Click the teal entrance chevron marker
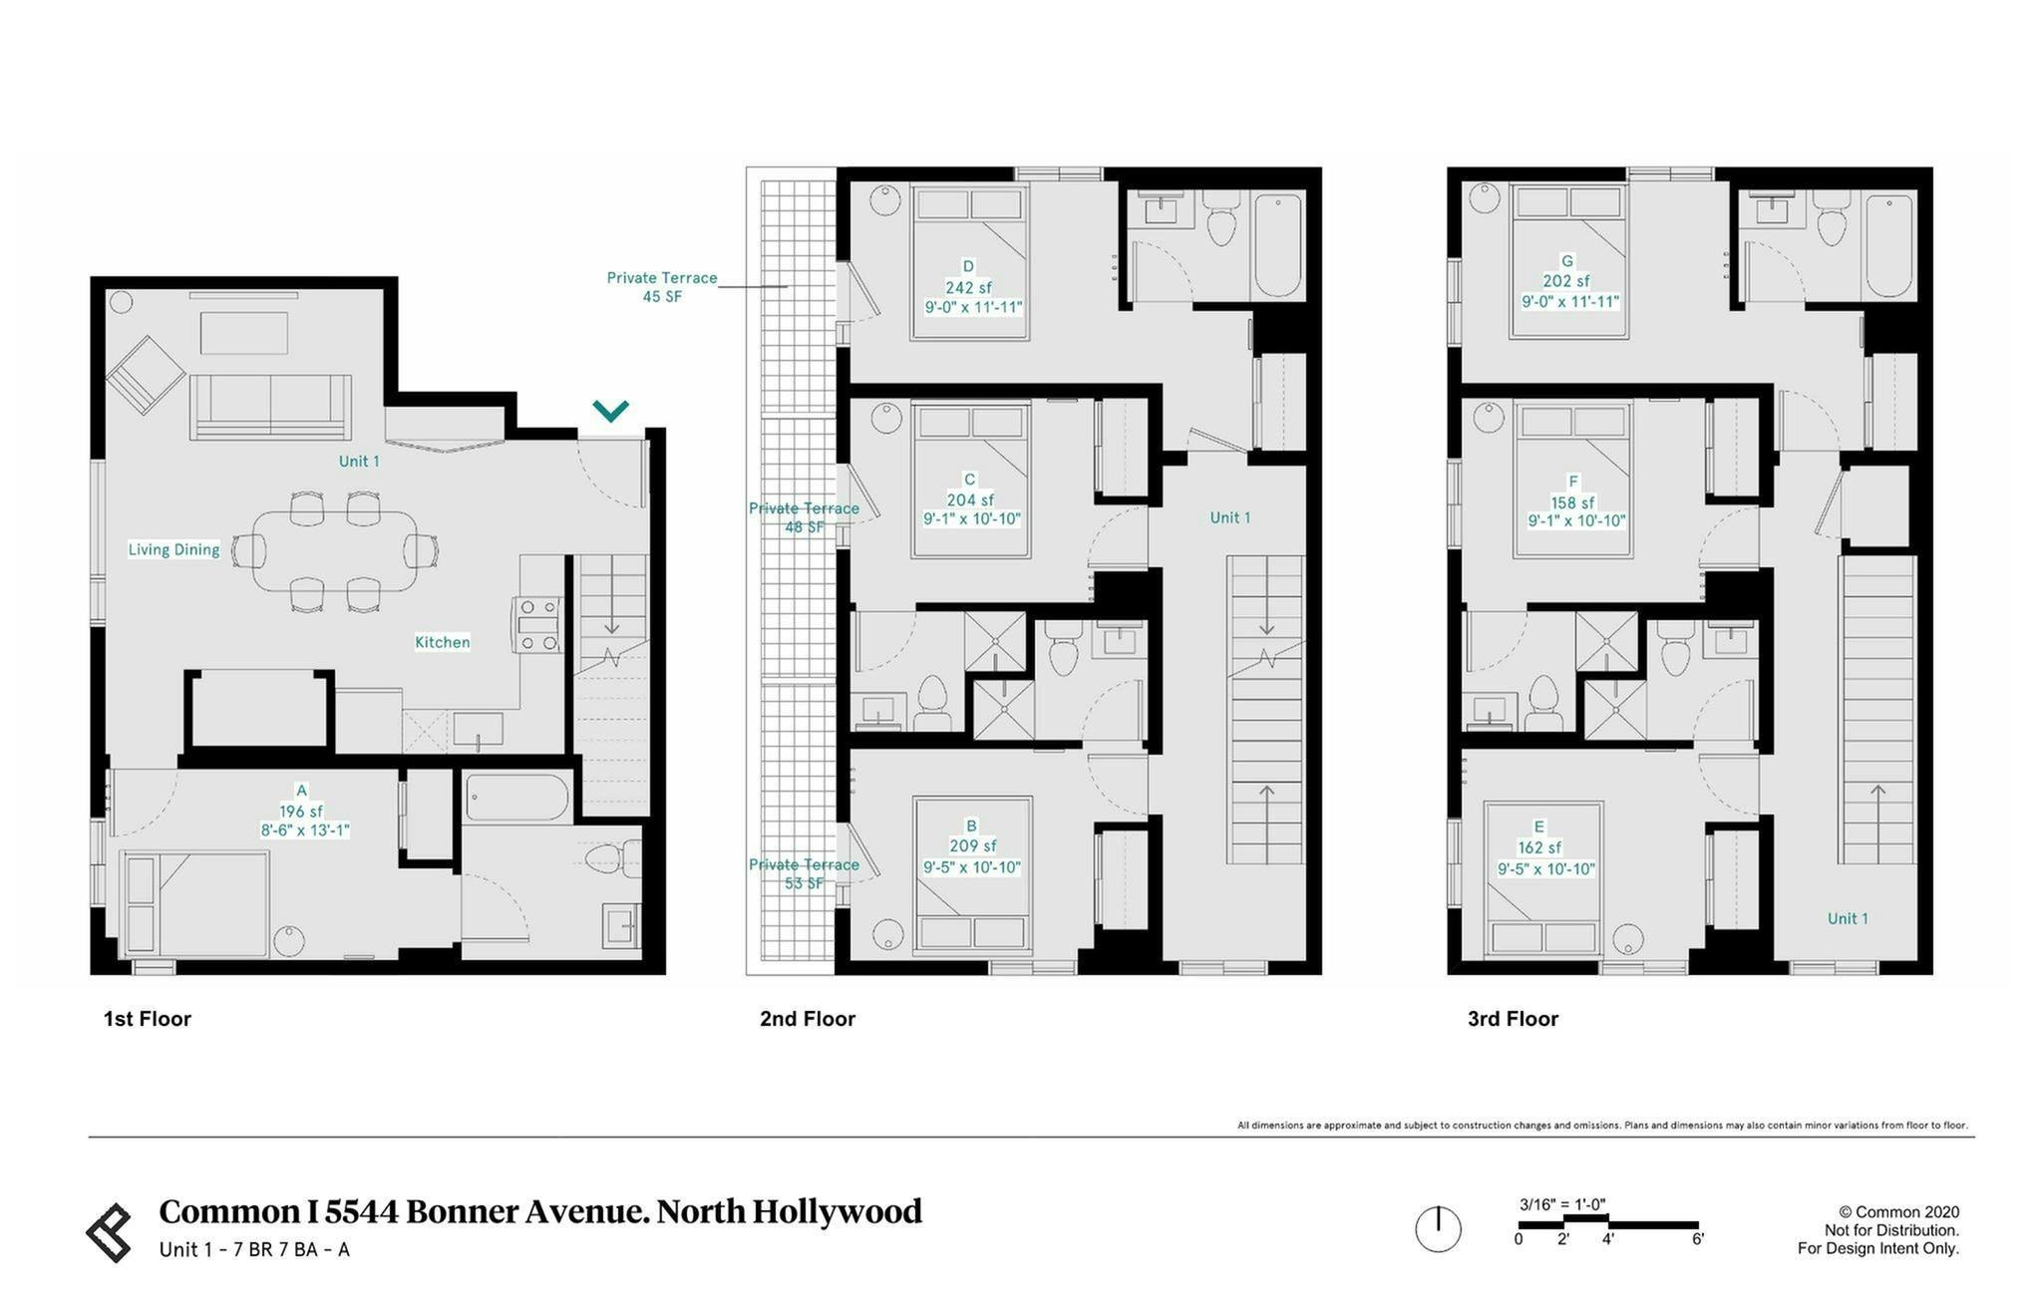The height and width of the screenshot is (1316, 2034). (x=610, y=410)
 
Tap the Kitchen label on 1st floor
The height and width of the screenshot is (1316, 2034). (x=442, y=642)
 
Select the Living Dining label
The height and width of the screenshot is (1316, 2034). (x=173, y=549)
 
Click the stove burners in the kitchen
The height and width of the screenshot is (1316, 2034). (x=538, y=625)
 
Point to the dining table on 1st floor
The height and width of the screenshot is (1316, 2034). (x=335, y=550)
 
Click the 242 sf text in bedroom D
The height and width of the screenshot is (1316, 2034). (x=967, y=287)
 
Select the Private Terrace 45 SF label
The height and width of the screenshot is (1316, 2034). (x=661, y=287)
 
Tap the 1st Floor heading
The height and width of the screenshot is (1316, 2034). (x=147, y=1018)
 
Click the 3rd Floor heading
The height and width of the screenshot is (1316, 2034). (x=1512, y=1018)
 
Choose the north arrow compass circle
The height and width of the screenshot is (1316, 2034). (x=1438, y=1228)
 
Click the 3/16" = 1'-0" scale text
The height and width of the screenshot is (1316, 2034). (x=1561, y=1203)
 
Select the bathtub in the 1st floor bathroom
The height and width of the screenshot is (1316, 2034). (x=517, y=799)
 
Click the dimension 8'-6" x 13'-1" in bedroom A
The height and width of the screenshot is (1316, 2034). (x=304, y=830)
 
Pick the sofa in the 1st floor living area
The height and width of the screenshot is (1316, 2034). (x=270, y=406)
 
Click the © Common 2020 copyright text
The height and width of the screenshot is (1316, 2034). (x=1898, y=1212)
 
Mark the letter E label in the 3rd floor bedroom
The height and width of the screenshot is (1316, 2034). (x=1539, y=826)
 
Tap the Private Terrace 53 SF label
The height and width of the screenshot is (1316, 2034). (x=804, y=873)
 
